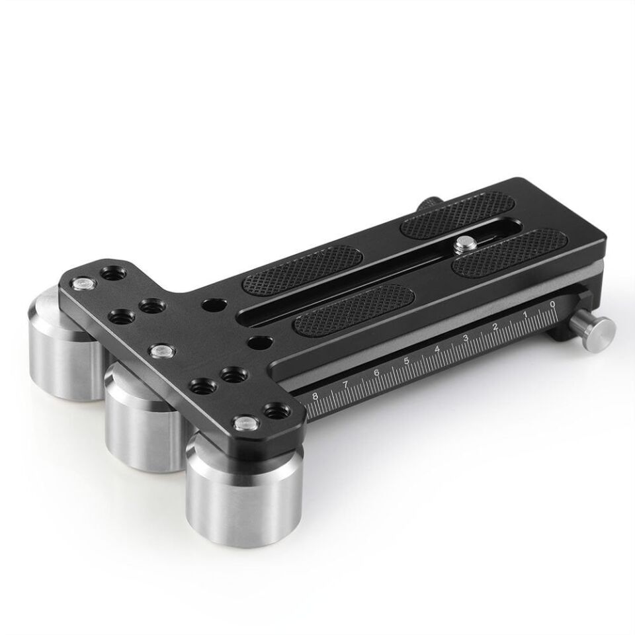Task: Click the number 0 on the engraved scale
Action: point(552,304)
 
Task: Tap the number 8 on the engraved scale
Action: point(316,396)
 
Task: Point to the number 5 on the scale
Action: point(406,361)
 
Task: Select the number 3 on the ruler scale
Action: point(466,338)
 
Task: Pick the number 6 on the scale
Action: point(376,372)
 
